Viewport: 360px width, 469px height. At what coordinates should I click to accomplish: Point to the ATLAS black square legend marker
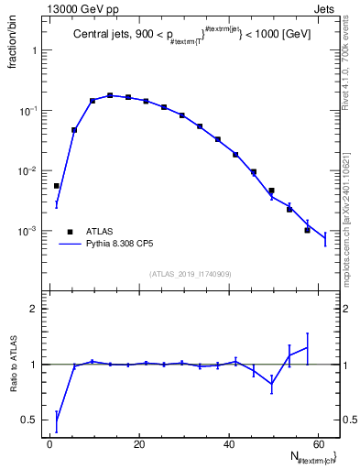(x=65, y=232)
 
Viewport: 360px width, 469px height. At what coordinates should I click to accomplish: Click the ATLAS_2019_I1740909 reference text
(x=191, y=273)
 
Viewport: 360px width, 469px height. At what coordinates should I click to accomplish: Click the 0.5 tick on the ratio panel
(x=32, y=420)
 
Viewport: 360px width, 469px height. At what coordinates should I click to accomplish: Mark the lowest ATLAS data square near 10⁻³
(x=308, y=230)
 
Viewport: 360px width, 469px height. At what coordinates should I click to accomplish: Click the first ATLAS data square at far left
(x=57, y=186)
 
